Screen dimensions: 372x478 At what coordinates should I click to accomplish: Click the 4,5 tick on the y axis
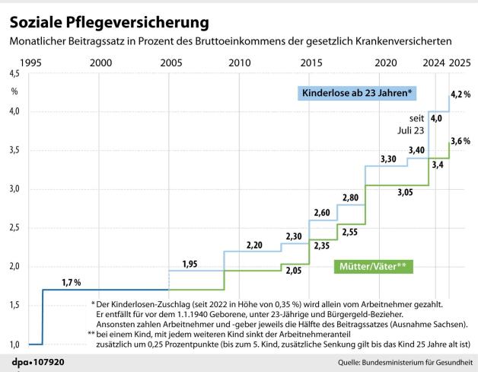click(x=14, y=74)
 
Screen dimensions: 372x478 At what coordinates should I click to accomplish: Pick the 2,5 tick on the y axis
click(x=14, y=228)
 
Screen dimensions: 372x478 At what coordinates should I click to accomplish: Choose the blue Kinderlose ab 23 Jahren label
click(x=358, y=94)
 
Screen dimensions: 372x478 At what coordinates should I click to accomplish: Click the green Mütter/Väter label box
click(x=373, y=267)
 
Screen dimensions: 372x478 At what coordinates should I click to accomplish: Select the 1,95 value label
click(x=190, y=264)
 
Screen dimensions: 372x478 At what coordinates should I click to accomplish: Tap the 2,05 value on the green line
click(x=292, y=269)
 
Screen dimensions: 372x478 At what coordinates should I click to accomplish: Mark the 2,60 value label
click(x=321, y=213)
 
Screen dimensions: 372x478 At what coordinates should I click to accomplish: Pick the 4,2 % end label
click(x=460, y=94)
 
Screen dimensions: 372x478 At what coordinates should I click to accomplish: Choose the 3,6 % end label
click(x=460, y=141)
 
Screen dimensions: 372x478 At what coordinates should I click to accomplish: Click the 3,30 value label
click(x=387, y=159)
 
